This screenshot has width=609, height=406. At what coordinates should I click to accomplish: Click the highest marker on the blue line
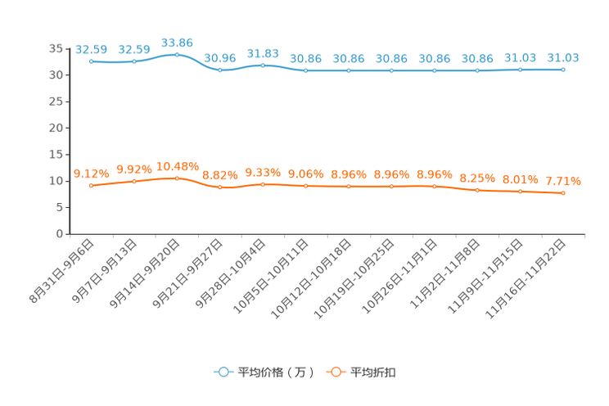click(x=177, y=55)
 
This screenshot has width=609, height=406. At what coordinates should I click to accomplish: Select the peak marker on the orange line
click(x=177, y=178)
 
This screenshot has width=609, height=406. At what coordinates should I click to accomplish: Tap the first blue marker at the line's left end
click(x=91, y=61)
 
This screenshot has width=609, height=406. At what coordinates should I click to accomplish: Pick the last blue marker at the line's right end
click(x=563, y=70)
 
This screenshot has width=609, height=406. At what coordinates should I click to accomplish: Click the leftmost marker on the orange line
click(x=91, y=186)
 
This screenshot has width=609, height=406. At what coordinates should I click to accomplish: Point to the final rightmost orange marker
click(x=563, y=192)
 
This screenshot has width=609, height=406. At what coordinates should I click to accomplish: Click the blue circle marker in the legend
click(x=223, y=372)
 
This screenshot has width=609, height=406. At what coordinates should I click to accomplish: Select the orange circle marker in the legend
click(x=336, y=372)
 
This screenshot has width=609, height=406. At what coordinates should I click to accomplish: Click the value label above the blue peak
click(x=177, y=42)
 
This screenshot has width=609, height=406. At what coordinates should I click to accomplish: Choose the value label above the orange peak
click(x=177, y=166)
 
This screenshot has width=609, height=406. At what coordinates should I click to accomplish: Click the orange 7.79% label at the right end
click(x=563, y=181)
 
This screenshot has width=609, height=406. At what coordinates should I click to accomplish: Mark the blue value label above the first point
click(x=91, y=49)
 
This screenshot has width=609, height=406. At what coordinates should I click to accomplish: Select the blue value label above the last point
click(x=563, y=57)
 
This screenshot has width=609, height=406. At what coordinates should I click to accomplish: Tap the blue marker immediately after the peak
click(x=219, y=70)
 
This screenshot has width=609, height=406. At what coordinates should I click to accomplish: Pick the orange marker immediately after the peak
click(x=219, y=187)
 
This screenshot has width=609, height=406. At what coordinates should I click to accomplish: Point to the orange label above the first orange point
click(x=91, y=174)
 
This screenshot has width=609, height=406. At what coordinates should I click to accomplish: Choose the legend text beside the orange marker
click(x=373, y=372)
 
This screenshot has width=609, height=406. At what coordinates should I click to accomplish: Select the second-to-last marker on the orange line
click(x=520, y=191)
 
